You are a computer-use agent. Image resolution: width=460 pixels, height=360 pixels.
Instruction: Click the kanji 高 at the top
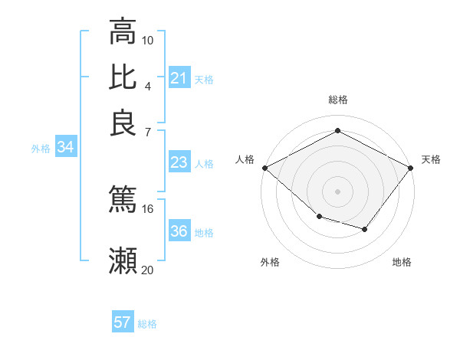[123, 32]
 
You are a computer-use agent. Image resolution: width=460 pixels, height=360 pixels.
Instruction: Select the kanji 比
[123, 77]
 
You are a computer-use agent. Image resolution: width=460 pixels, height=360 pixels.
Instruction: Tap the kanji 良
[123, 123]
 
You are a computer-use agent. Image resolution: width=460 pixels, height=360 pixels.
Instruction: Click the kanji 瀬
[123, 260]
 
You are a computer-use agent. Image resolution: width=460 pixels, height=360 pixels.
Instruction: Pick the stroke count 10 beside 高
[148, 40]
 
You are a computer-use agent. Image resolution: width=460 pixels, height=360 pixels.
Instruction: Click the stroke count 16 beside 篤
[148, 208]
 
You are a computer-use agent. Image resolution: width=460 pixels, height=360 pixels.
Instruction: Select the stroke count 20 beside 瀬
[148, 270]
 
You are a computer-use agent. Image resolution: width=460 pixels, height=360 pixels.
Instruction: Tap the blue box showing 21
[179, 78]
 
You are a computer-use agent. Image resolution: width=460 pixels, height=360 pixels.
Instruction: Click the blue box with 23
[179, 162]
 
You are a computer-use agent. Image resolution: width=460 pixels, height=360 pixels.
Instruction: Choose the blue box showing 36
[179, 231]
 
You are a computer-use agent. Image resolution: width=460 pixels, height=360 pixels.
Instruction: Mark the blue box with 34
[65, 148]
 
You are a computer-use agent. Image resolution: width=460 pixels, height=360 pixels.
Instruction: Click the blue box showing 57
[123, 322]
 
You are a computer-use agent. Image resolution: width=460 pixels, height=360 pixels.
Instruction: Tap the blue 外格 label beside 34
[41, 149]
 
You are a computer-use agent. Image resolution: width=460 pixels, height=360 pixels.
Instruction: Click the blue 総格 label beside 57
[147, 324]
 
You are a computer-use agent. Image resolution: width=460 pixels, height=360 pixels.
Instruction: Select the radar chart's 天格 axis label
[431, 159]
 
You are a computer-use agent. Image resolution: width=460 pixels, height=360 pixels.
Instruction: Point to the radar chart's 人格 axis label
[245, 159]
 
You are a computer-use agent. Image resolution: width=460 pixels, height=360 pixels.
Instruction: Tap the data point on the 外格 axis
[319, 218]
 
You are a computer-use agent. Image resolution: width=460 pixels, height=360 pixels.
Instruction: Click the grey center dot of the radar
[337, 191]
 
